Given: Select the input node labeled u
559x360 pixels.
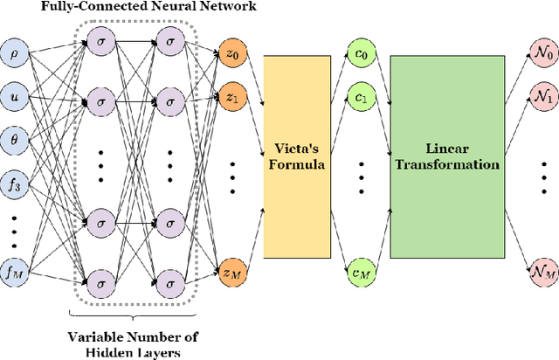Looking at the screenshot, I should (14, 93).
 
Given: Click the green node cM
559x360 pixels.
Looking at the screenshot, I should (358, 273).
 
